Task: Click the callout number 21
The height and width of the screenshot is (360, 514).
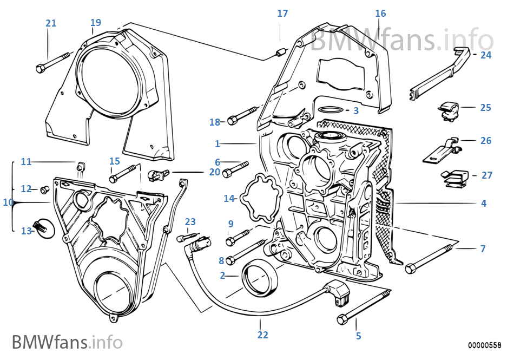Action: coord(50,23)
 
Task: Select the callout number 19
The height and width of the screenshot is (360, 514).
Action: coord(95,22)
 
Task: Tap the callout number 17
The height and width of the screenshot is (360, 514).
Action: coord(282,13)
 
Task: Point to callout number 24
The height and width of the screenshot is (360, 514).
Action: coord(485,55)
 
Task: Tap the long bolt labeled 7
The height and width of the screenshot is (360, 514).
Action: coord(433,258)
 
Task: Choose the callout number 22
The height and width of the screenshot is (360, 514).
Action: coord(262,335)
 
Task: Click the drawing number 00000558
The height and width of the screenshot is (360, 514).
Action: coord(485,345)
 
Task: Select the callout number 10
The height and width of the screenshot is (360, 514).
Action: coord(7,202)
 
